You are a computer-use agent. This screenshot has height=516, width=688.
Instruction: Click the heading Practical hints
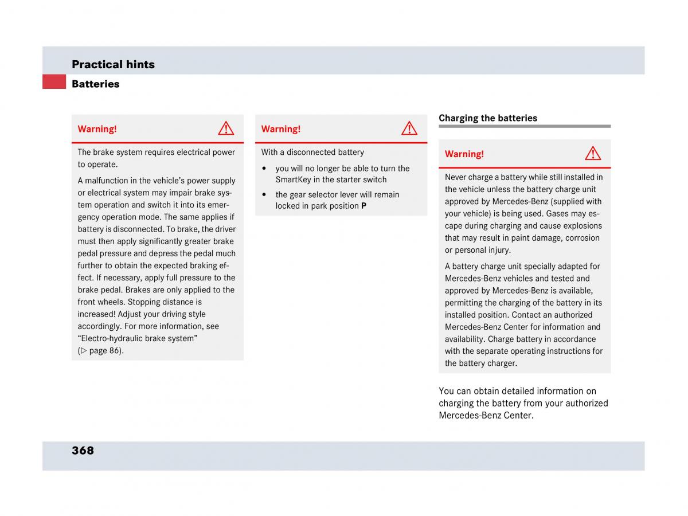coord(113,64)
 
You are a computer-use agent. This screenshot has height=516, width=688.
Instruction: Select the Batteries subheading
coord(95,84)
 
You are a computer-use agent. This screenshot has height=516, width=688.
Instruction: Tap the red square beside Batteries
coord(54,82)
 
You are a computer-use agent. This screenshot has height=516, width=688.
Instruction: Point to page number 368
coord(83,451)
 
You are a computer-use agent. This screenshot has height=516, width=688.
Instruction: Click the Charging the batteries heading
coord(488,118)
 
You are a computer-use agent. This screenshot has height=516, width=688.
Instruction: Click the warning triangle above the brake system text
coord(226,128)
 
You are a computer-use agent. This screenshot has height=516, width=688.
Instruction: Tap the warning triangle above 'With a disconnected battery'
coord(409,128)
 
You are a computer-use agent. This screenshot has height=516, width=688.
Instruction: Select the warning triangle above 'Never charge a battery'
coord(593,153)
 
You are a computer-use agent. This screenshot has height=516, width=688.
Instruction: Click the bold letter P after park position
coord(363,206)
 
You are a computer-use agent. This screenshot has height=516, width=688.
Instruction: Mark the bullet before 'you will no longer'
coord(264,169)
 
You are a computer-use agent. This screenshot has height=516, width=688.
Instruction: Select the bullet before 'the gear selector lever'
coord(264,195)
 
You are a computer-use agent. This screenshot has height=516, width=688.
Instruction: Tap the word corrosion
coord(583,237)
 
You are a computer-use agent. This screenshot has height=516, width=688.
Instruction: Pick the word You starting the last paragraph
coord(447,391)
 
